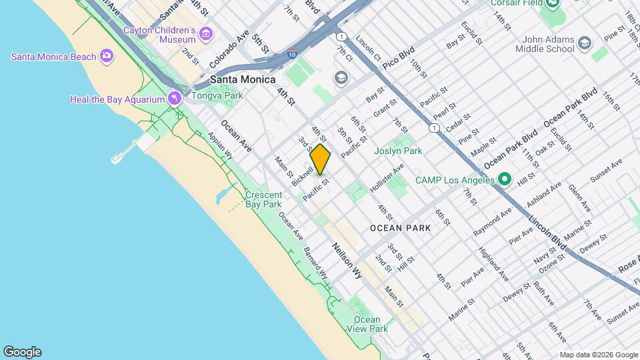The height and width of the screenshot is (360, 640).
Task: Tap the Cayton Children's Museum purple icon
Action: [x=206, y=33]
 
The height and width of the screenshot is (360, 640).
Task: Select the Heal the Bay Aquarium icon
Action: [x=174, y=99]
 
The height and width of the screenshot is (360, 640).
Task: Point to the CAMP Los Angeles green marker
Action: [x=505, y=179]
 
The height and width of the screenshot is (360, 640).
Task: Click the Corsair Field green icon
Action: [x=551, y=4]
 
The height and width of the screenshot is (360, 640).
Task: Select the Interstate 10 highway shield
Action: [x=293, y=53]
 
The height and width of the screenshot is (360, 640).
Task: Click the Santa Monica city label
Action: [x=243, y=79]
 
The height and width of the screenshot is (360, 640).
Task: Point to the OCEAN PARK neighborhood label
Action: [x=401, y=227]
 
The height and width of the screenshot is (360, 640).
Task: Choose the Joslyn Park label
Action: [x=399, y=151]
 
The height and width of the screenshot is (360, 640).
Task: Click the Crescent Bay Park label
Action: [x=263, y=199]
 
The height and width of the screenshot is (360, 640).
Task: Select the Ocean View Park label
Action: [x=367, y=324]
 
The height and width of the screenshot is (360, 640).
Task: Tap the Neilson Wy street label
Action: [x=347, y=260]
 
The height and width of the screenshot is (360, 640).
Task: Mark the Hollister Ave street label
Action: [x=387, y=179]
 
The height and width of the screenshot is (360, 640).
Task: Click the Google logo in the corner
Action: [x=22, y=352]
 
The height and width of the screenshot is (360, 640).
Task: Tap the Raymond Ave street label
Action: [x=492, y=222]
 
